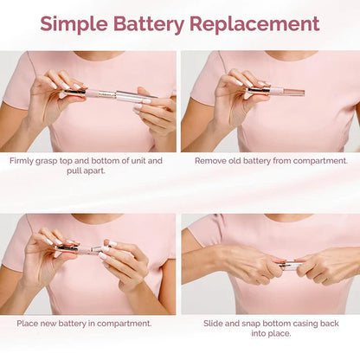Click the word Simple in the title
pyautogui.click(x=80, y=24)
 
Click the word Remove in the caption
pyautogui.click(x=212, y=160)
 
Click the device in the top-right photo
pyautogui.click(x=273, y=90)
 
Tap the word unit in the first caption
pyautogui.click(x=138, y=160)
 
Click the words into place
pyautogui.click(x=270, y=335)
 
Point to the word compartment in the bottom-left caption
pyautogui.click(x=121, y=324)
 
